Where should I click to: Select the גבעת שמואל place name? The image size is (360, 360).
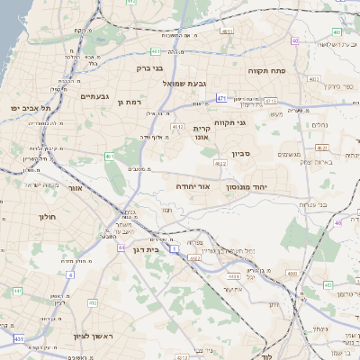181,83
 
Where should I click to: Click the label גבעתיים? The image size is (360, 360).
94,96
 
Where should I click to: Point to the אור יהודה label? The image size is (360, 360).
193,186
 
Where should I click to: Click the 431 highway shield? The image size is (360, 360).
18,338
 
